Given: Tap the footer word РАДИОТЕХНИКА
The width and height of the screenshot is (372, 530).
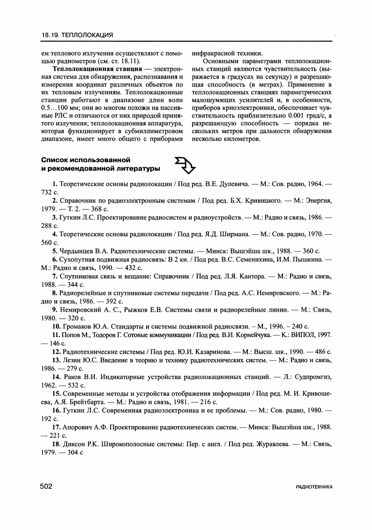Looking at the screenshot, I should (x=314, y=487).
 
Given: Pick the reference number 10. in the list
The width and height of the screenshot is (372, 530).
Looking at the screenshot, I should (x=56, y=326).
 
